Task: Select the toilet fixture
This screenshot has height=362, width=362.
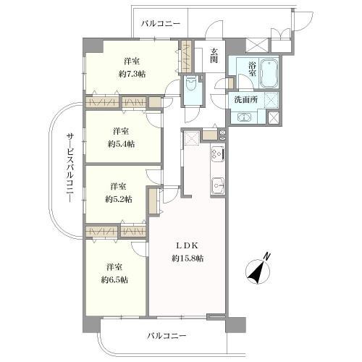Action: [x=192, y=85]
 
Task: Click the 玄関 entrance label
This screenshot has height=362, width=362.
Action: [x=215, y=56]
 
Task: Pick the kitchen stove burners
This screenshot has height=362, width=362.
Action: [x=216, y=154]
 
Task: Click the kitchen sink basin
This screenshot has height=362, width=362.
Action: [x=216, y=186]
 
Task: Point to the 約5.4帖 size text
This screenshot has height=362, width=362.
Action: [x=121, y=143]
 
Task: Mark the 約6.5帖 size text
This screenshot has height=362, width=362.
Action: [x=115, y=279]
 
